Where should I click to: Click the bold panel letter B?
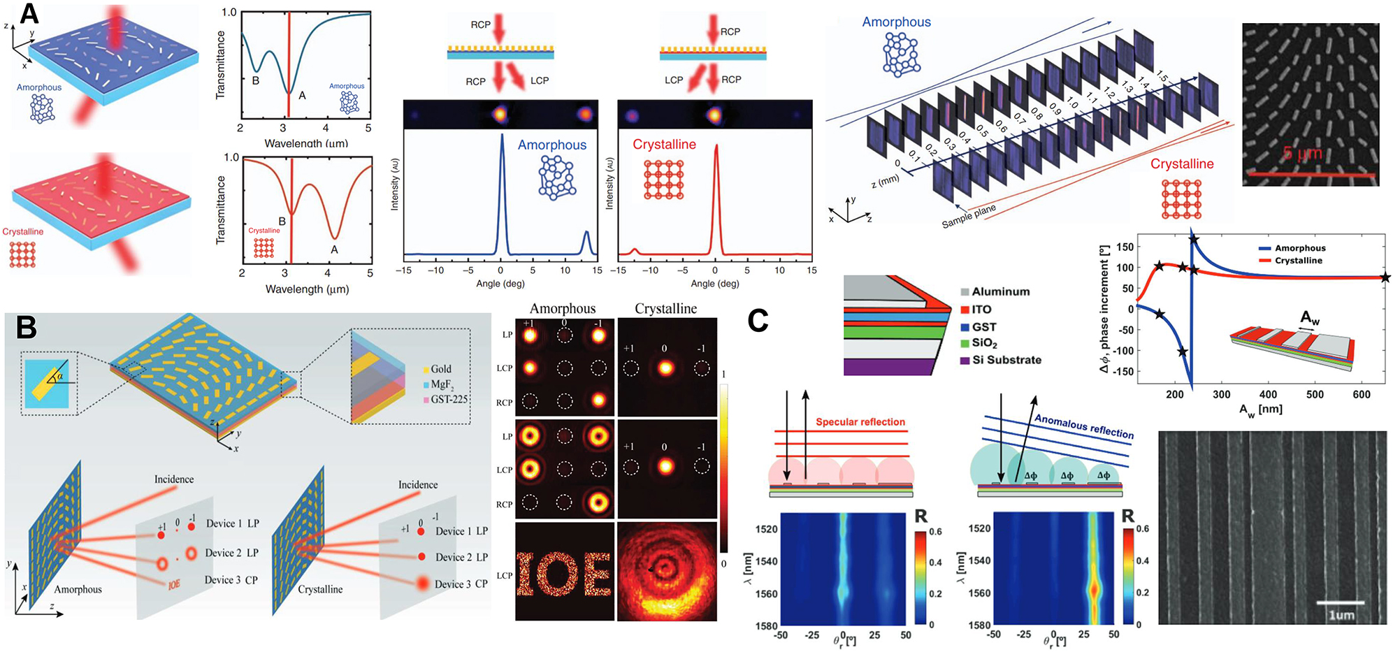tap(27, 327)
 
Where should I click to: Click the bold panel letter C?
tap(758, 321)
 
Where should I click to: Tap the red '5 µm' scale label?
tap(1302, 153)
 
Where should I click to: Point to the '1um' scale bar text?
tap(1341, 615)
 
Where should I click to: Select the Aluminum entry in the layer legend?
tap(1000, 291)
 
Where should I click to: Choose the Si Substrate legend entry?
tap(1006, 360)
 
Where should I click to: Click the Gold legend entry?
tap(440, 369)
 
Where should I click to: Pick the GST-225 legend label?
tap(449, 399)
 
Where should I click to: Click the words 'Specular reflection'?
tap(860, 422)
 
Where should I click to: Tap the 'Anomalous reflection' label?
tap(1084, 426)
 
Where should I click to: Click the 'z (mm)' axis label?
tap(885, 180)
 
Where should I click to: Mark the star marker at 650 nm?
tap(1385, 277)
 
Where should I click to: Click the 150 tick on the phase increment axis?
tap(1125, 247)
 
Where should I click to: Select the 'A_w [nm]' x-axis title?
tap(1260, 410)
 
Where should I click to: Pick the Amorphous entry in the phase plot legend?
tap(1299, 248)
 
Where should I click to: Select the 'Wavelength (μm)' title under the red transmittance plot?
tap(307, 289)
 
